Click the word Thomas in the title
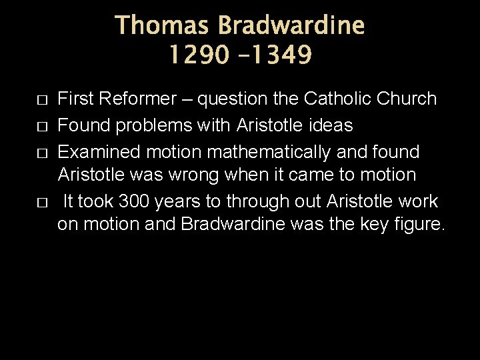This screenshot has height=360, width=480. [x=163, y=27]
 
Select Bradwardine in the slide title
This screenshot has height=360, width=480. [x=292, y=27]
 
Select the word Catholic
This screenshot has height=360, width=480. [x=337, y=99]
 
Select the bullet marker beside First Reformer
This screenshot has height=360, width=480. [x=41, y=100]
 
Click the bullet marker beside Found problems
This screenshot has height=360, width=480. [x=41, y=126]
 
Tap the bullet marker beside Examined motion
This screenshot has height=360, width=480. [x=41, y=153]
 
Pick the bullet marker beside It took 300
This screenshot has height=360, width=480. [x=41, y=202]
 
